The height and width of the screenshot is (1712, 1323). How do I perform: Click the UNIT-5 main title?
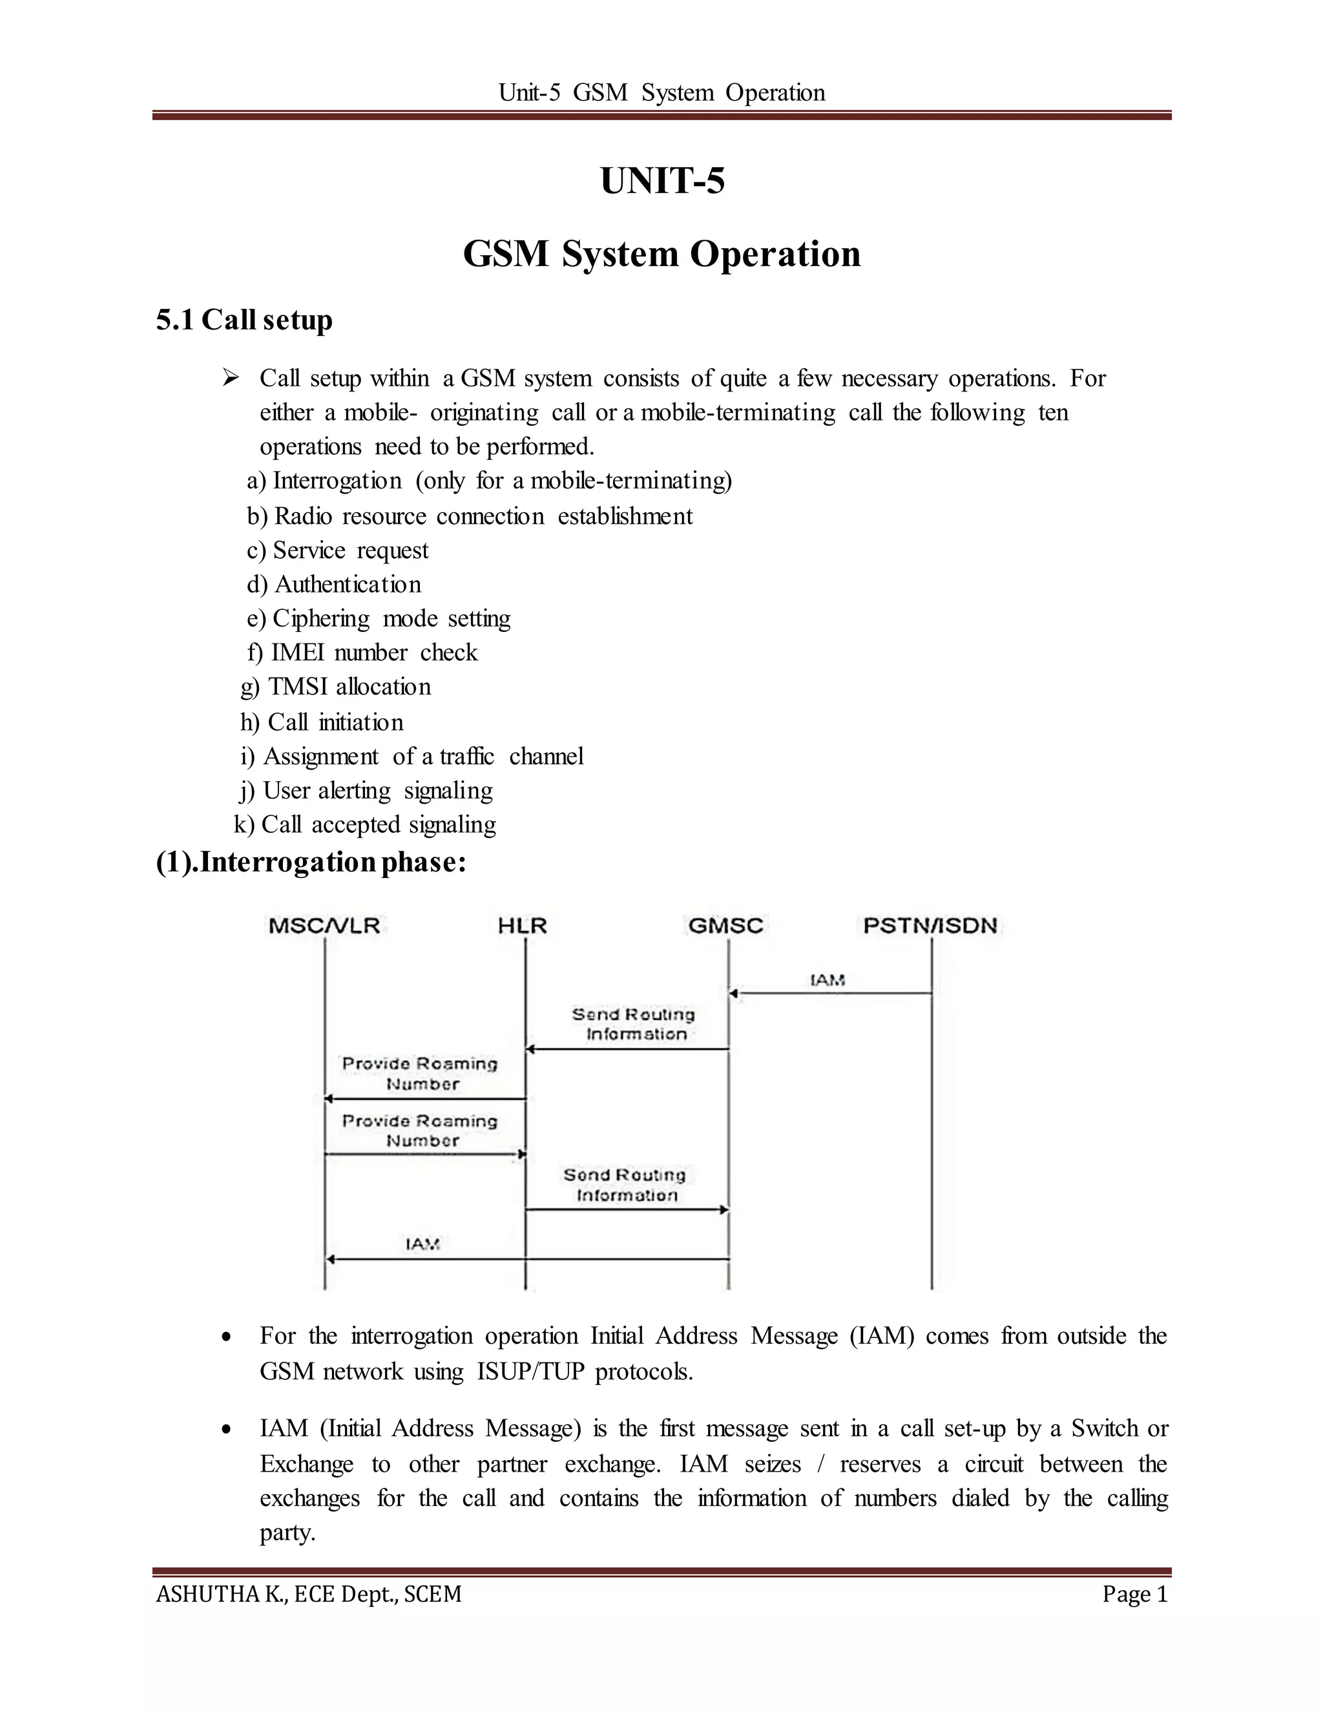point(662,181)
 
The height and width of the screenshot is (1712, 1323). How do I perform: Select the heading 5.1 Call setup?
point(245,320)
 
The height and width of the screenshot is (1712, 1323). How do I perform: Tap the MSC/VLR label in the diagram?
point(324,926)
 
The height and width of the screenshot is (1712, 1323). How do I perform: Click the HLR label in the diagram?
point(522,926)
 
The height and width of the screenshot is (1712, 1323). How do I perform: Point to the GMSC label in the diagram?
point(725,926)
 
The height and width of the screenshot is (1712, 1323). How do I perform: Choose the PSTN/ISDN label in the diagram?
point(930,926)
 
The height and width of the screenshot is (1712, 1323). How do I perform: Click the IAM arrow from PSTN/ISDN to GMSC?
point(831,993)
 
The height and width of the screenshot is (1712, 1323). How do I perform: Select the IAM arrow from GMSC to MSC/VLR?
point(526,1259)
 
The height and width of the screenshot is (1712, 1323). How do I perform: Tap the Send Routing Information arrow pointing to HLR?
point(627,1049)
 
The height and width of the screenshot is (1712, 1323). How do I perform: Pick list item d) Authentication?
point(335,585)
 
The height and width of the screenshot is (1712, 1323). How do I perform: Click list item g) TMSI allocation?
point(336,687)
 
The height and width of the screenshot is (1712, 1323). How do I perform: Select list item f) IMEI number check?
point(362,652)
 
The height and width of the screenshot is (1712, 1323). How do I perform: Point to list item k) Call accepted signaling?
point(365,824)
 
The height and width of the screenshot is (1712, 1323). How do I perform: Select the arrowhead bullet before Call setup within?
point(229,379)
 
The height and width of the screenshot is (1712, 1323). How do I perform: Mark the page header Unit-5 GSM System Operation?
point(661,92)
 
